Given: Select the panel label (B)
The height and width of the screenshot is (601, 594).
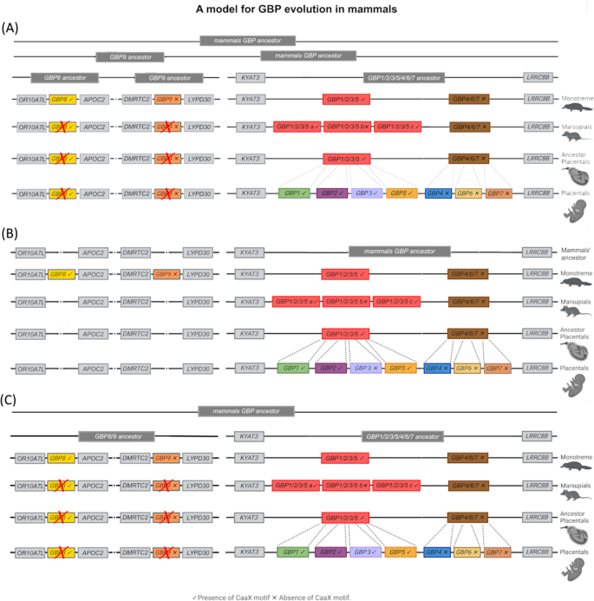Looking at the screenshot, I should (x=11, y=234).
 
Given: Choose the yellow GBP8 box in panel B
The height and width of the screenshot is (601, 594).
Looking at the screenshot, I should (x=62, y=274).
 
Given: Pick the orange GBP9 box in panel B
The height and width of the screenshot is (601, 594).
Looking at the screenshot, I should (x=166, y=274).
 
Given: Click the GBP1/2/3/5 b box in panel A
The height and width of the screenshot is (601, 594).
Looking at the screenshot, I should (x=347, y=127).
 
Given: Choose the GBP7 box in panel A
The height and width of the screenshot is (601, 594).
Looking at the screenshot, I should (x=498, y=193).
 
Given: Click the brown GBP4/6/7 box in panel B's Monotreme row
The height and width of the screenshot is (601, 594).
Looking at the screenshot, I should (x=467, y=274).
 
